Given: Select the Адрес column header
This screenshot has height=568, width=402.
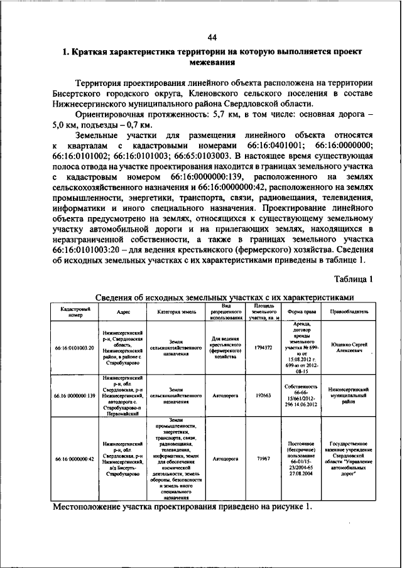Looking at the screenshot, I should (x=123, y=311).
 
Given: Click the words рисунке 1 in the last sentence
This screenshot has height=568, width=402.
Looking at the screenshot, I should (x=288, y=506).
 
